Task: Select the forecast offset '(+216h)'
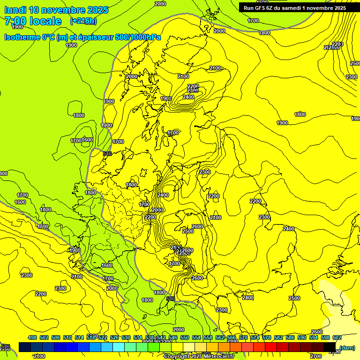[x=83, y=21]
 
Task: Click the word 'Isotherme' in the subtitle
[x=22, y=37]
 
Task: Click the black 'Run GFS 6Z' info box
[x=294, y=7]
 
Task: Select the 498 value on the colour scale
[x=32, y=338]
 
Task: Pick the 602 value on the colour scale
[x=337, y=338]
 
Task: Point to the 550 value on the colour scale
[x=185, y=338]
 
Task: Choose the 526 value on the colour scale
[x=114, y=338]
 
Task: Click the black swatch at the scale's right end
[x=330, y=347]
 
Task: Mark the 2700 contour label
[x=316, y=356]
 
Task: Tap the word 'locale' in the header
[x=45, y=21]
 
